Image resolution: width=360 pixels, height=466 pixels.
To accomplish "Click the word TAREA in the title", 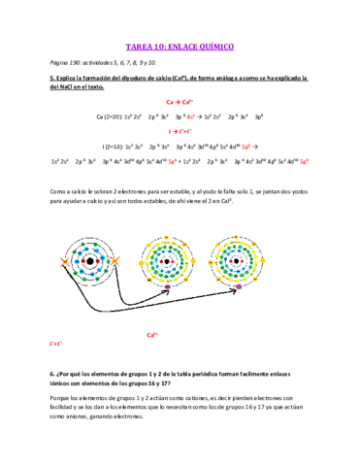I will [x=142, y=46].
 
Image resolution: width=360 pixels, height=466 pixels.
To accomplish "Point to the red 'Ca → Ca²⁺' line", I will [x=179, y=101].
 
